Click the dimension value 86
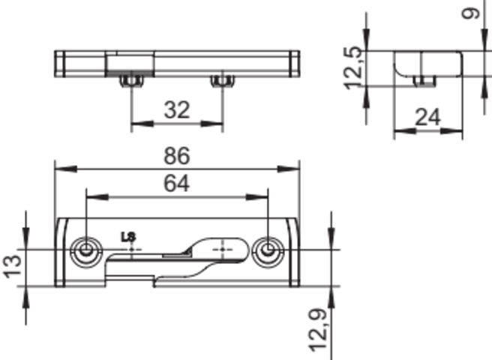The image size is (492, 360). tap(177, 156)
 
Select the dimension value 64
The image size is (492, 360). tap(177, 184)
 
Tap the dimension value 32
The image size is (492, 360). tap(177, 109)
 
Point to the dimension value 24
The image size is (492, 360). tap(427, 118)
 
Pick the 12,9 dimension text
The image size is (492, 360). tap(319, 330)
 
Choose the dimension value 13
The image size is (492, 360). tap(13, 267)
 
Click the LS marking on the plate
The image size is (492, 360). tap(128, 237)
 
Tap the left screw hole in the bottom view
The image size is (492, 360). tap(86, 250)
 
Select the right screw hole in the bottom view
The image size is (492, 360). tap(268, 250)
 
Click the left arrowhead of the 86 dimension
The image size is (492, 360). tap(66, 169)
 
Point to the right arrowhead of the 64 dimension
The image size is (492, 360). tap(256, 197)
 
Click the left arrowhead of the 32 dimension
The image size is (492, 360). tap(142, 124)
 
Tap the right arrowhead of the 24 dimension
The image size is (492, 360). tap(451, 131)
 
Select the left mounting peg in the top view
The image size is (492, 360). tap(131, 81)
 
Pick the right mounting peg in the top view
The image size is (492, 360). tap(223, 81)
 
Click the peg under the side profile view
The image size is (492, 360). tap(424, 81)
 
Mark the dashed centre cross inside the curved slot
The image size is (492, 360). tap(223, 250)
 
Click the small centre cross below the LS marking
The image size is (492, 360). tap(131, 250)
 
